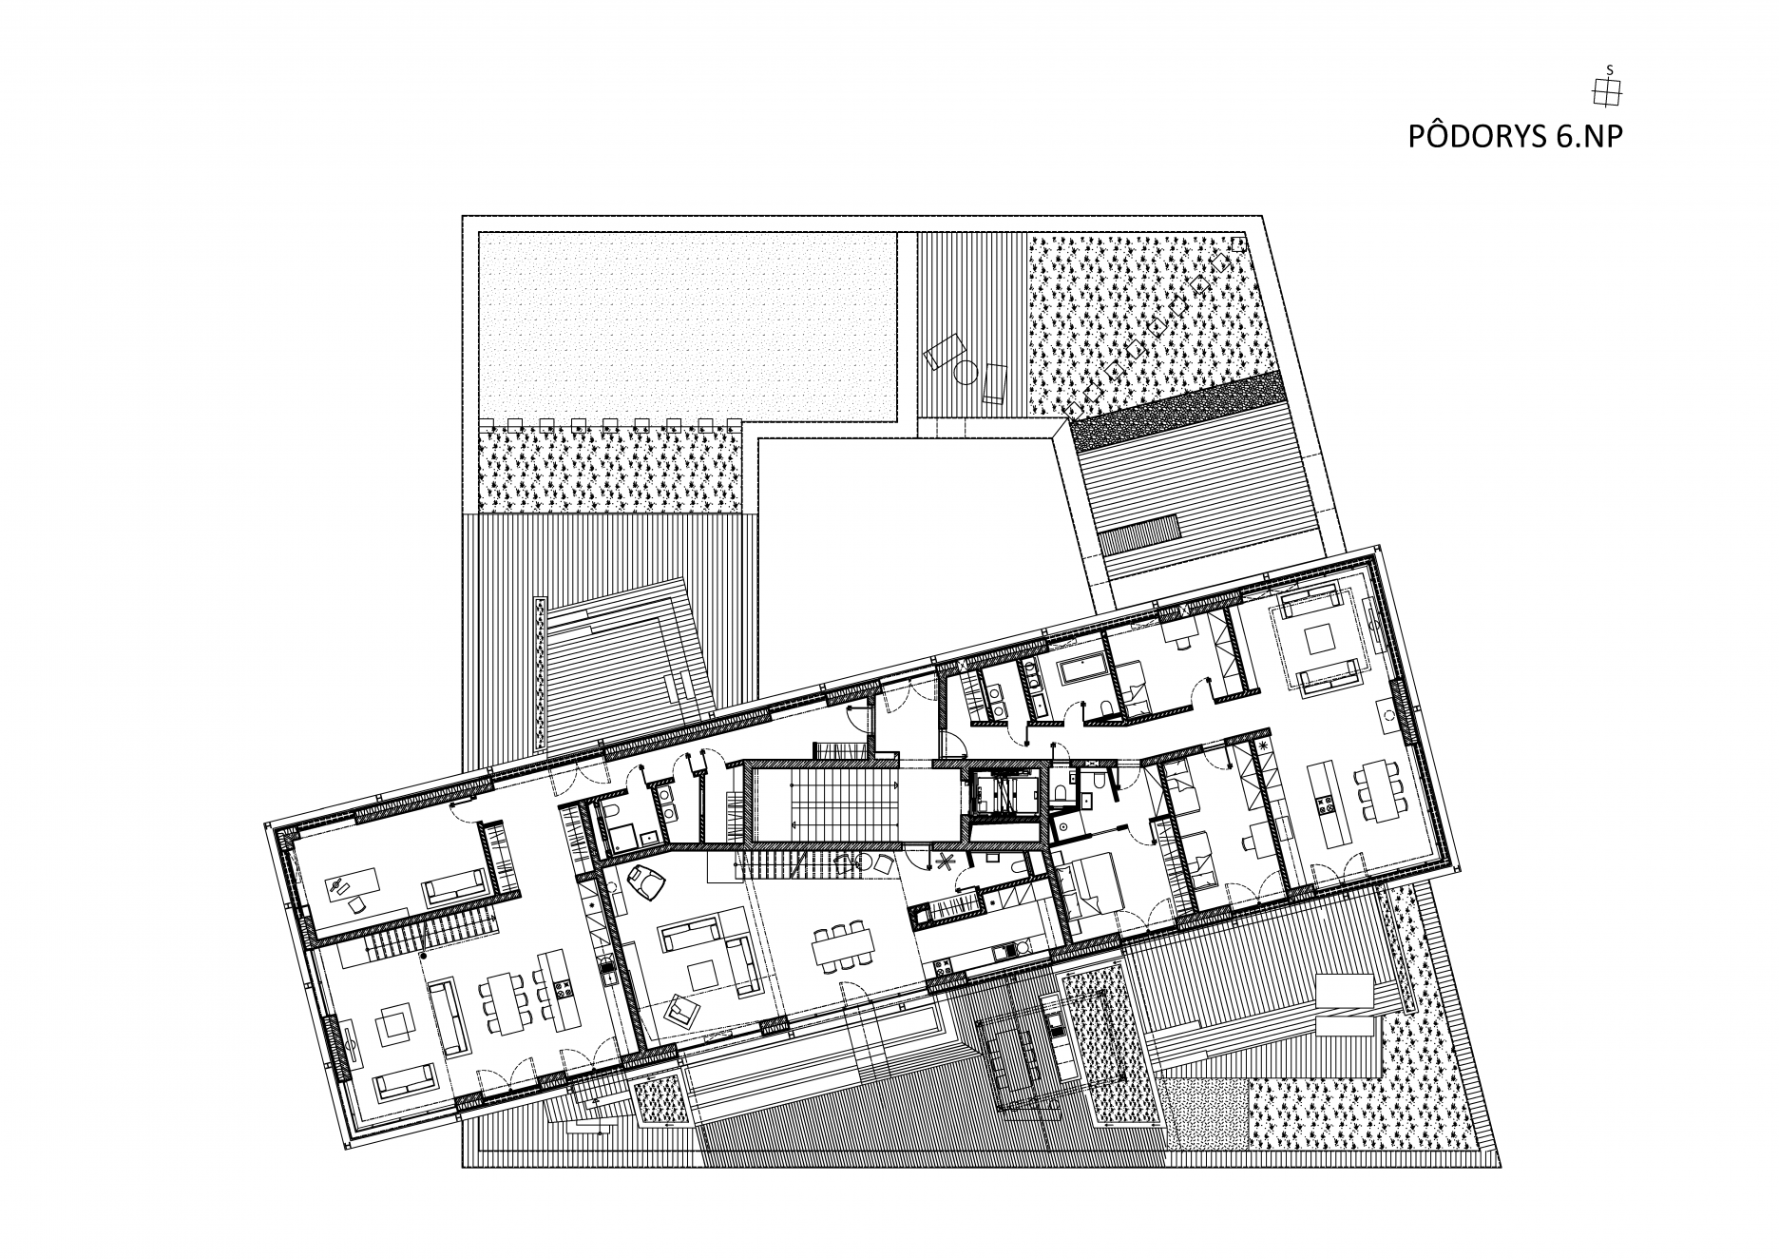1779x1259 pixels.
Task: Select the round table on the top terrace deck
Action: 966,373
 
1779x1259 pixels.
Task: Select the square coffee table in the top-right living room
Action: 1319,638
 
